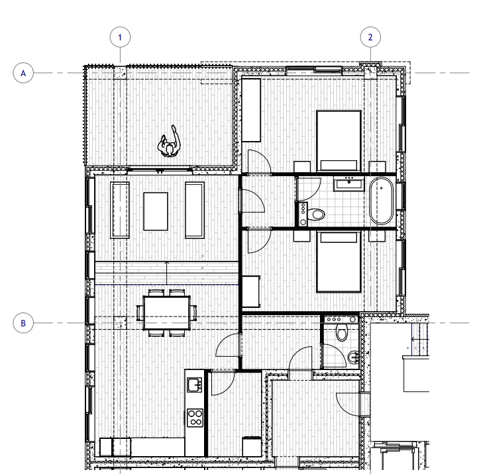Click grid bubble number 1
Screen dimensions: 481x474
[120, 37]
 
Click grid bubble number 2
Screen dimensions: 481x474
[370, 37]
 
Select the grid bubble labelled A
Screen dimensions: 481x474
[23, 73]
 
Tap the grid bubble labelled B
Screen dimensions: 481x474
[23, 323]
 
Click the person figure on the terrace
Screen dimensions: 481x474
[169, 142]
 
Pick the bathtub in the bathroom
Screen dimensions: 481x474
[381, 201]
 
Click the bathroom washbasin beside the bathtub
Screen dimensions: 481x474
[348, 183]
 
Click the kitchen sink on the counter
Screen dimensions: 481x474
[195, 385]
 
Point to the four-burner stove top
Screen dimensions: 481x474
[195, 418]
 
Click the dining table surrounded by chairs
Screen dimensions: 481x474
[166, 312]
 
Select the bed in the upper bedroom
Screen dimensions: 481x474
[339, 141]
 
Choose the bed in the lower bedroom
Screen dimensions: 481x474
[339, 262]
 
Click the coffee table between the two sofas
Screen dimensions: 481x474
[156, 211]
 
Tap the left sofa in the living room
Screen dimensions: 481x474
[120, 210]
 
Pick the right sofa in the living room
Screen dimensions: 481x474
[195, 210]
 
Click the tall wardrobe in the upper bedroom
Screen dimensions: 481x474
[251, 111]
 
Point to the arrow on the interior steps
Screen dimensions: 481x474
[166, 273]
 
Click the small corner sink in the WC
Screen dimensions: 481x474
[353, 357]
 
